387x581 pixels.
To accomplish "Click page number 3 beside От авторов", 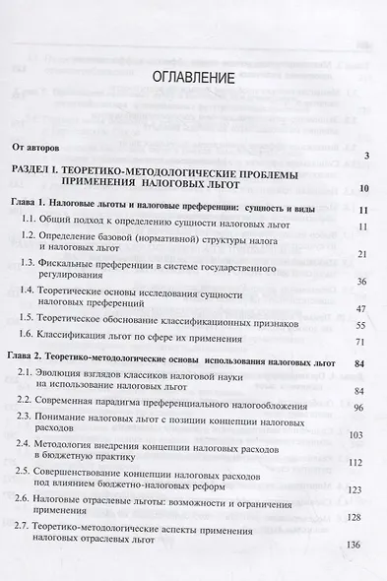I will point(365,156).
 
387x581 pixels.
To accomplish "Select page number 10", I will point(363,189).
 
